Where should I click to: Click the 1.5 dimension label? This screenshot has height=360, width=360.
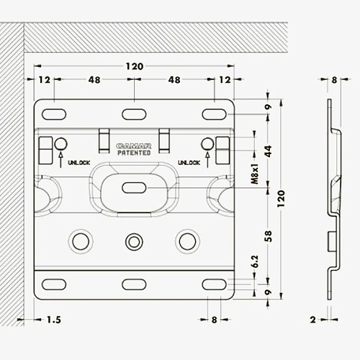click(x=54, y=320)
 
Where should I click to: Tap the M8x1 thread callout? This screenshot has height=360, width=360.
click(x=255, y=174)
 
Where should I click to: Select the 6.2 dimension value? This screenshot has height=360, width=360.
click(x=255, y=261)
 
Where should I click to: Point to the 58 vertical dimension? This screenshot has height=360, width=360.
click(x=269, y=236)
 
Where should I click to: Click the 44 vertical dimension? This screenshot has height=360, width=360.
click(x=269, y=151)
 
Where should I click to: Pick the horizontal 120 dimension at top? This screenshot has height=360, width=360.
click(x=135, y=66)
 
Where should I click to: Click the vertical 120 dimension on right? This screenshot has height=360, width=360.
click(x=281, y=199)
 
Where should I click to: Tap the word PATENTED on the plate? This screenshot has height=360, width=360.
click(x=134, y=153)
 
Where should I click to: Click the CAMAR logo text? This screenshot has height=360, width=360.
click(x=134, y=146)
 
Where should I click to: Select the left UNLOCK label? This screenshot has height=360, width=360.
click(x=79, y=163)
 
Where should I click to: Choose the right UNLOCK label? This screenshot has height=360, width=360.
click(x=189, y=163)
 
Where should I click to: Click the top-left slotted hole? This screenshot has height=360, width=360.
click(x=54, y=114)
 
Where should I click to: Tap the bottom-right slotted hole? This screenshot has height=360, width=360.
click(x=215, y=284)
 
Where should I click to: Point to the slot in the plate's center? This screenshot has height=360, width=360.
click(x=134, y=188)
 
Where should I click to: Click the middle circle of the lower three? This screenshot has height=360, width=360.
click(x=134, y=242)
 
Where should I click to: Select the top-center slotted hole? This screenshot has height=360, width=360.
click(x=134, y=114)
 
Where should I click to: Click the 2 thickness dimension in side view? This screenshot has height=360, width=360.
click(x=312, y=320)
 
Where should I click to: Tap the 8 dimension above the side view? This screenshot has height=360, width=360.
click(x=334, y=80)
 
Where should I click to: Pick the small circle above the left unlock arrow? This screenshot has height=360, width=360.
click(x=60, y=144)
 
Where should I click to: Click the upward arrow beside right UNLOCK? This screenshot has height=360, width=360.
click(x=207, y=160)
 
